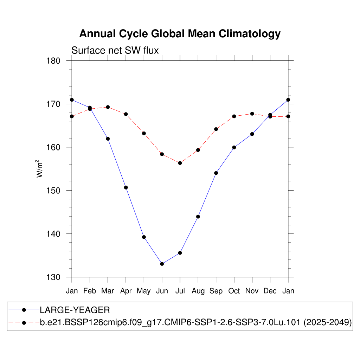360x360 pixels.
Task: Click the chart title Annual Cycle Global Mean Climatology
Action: tap(180, 34)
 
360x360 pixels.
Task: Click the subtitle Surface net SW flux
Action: tap(115, 51)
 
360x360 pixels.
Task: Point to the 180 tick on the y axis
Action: tap(54, 60)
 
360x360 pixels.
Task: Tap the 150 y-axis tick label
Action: tap(54, 191)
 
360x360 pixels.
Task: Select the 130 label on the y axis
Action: tap(54, 277)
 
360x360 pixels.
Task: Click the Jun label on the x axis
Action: tap(162, 291)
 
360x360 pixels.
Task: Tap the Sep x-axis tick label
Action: tap(216, 291)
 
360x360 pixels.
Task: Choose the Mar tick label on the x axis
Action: tap(108, 291)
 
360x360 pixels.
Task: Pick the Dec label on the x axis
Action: tap(270, 291)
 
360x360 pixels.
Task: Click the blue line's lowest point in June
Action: tap(162, 264)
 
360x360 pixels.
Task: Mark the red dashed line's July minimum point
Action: tap(180, 163)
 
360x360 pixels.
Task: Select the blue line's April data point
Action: tap(126, 187)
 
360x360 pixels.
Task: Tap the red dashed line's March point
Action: tap(108, 107)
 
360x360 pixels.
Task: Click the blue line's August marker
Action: tap(198, 217)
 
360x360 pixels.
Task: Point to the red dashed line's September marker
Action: tap(216, 129)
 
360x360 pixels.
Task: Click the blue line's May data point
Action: tap(144, 237)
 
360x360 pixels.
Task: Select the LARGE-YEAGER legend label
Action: tap(75, 310)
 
